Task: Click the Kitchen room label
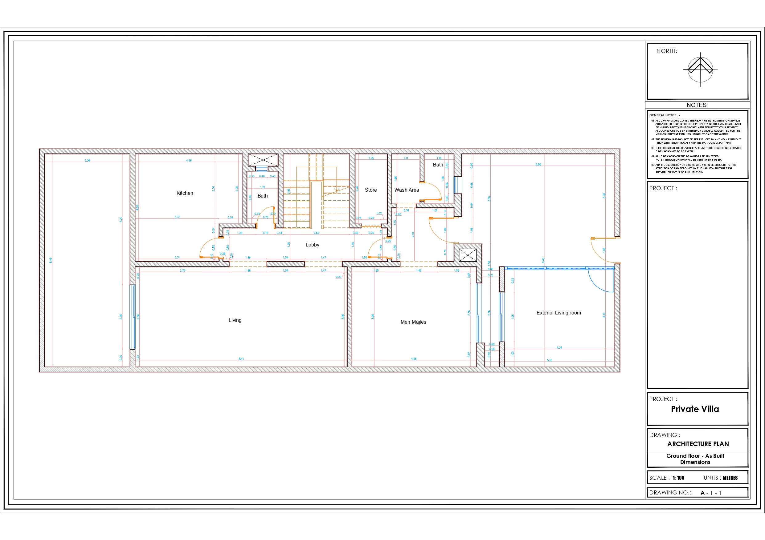(x=185, y=193)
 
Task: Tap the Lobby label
(x=312, y=245)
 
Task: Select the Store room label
(x=370, y=190)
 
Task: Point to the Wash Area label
(x=407, y=190)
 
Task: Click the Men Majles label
(x=413, y=322)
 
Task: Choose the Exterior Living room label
(x=558, y=313)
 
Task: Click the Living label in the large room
(x=235, y=320)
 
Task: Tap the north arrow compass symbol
(x=700, y=70)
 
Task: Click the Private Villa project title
(x=695, y=409)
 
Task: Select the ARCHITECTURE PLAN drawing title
(x=698, y=444)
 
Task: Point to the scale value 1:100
(x=678, y=478)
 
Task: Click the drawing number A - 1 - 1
(x=711, y=493)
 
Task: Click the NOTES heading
(x=696, y=105)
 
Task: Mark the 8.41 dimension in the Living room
(x=241, y=359)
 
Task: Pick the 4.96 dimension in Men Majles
(x=414, y=359)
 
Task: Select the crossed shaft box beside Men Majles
(x=468, y=255)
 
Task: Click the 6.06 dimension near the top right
(x=538, y=164)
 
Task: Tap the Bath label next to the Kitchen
(x=263, y=196)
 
